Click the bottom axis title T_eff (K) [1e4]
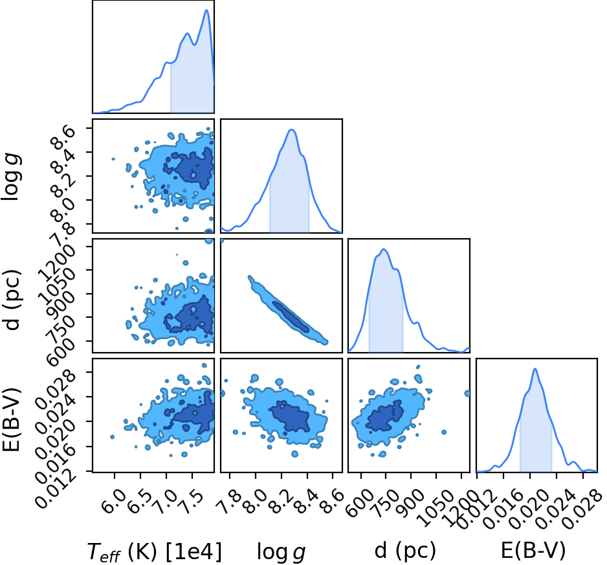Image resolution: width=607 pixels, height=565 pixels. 155,551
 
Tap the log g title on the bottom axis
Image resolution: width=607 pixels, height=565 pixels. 281,551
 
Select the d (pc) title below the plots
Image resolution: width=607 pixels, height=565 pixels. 405,551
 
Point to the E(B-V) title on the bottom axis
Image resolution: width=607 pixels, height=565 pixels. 533,551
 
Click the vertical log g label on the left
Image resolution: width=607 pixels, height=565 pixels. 12,176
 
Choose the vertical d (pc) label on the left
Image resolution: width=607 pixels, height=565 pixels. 12,299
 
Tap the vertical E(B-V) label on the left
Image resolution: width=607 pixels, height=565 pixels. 12,419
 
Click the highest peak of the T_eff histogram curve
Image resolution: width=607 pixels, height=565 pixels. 206,10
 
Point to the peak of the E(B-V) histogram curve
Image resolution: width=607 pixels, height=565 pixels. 535,369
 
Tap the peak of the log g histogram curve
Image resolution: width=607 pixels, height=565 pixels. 291,130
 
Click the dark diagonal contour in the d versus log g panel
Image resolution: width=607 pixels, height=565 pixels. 291,316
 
